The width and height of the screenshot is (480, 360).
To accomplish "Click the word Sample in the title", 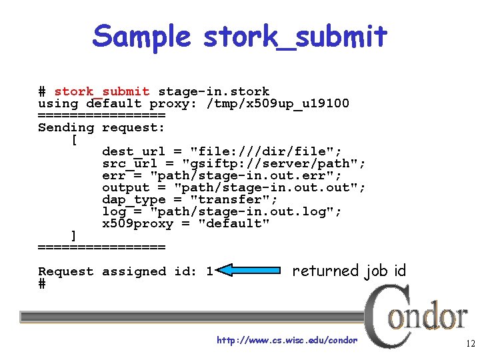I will (x=142, y=37).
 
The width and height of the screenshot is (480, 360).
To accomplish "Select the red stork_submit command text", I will (x=102, y=91).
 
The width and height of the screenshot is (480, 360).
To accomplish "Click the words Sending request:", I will (x=101, y=127).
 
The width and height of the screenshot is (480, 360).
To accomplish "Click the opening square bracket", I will (x=73, y=140).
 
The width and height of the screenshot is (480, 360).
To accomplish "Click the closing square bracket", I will (x=73, y=235).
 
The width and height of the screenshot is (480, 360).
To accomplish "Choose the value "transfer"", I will (x=233, y=199).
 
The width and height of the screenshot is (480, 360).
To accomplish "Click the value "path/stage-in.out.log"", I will (x=245, y=211).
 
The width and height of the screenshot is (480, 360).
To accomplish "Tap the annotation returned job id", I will (x=349, y=271).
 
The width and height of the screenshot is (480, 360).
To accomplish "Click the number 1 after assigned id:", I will (x=209, y=271).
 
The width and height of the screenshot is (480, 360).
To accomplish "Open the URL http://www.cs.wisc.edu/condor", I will (x=287, y=341).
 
